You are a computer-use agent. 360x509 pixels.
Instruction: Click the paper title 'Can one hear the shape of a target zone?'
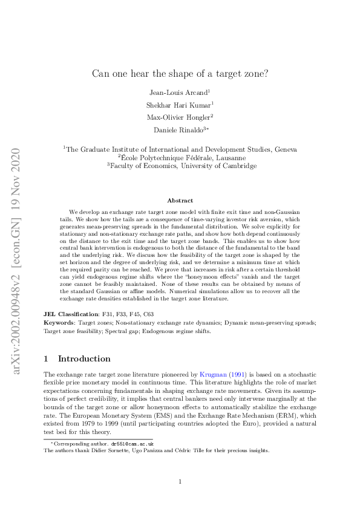tap(180, 74)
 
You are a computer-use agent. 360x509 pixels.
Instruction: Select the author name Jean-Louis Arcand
tap(178, 92)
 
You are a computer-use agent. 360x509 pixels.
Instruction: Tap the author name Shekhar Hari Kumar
tap(178, 105)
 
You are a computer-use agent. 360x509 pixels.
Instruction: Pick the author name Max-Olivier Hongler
tap(178, 117)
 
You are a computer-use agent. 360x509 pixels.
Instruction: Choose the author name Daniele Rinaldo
tap(180, 130)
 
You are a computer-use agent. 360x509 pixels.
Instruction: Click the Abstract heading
tap(180, 200)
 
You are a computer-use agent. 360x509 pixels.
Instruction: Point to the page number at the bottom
tap(180, 481)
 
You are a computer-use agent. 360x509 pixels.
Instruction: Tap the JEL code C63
tap(148, 314)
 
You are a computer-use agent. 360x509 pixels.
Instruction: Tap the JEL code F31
tap(110, 314)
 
